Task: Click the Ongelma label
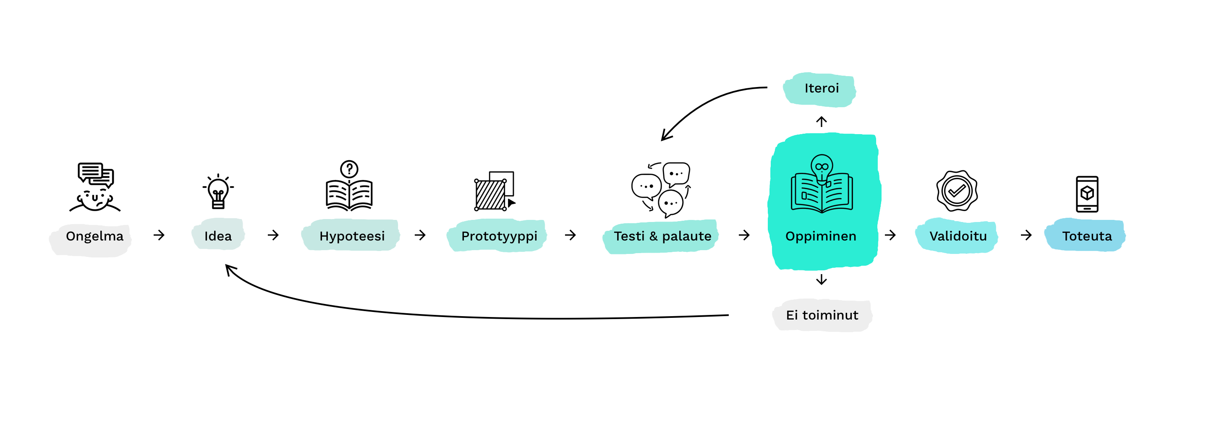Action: (x=94, y=236)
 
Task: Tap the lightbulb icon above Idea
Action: (x=218, y=192)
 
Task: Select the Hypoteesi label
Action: (x=352, y=236)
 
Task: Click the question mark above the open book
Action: (x=349, y=169)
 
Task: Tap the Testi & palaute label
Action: (x=662, y=236)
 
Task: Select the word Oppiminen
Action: (x=820, y=236)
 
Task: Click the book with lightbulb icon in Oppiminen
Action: (x=822, y=185)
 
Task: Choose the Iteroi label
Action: (x=822, y=88)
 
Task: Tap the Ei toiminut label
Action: (x=822, y=315)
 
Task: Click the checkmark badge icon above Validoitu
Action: (x=957, y=191)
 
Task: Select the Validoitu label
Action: (x=958, y=236)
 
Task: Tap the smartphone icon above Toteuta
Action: (x=1087, y=194)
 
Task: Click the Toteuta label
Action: (x=1087, y=236)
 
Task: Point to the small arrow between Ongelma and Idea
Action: (x=159, y=235)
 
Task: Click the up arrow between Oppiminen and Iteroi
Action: (x=822, y=122)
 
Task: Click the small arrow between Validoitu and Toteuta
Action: (x=1026, y=235)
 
